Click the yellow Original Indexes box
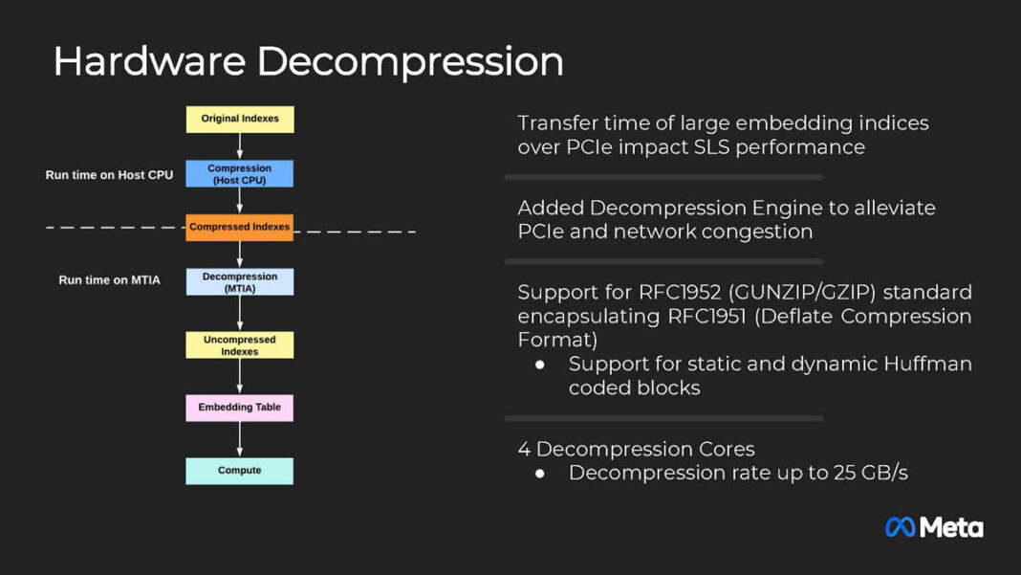coord(239,119)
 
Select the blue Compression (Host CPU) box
coord(239,173)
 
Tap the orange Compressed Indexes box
coord(239,228)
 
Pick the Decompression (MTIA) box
coord(239,281)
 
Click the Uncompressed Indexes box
coord(239,345)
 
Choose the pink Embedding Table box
coord(239,408)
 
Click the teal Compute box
coord(239,471)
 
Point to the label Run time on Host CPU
coord(109,175)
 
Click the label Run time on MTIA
coord(109,280)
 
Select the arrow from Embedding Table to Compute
coord(239,439)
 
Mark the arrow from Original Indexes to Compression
coord(239,145)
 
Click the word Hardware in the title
coord(148,61)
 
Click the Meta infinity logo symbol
coord(900,527)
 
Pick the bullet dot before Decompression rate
coord(540,474)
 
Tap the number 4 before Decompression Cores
coord(524,449)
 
